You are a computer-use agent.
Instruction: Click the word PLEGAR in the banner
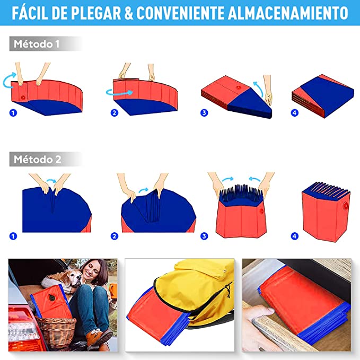point(96,13)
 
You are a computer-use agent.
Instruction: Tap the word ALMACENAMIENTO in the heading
point(288,13)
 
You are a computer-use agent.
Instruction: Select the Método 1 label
point(37,44)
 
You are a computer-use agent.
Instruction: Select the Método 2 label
point(38,160)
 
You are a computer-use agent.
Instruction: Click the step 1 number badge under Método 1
point(13,113)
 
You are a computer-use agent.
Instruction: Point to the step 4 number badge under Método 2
point(295,236)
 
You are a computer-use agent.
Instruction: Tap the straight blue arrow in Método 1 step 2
point(119,93)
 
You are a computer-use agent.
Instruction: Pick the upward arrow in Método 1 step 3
point(259,89)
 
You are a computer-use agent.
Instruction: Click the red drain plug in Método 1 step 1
point(23,98)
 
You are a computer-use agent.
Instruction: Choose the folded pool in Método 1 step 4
point(323,96)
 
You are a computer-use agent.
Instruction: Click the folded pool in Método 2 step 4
point(326,212)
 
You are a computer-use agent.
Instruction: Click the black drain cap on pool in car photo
point(51,298)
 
